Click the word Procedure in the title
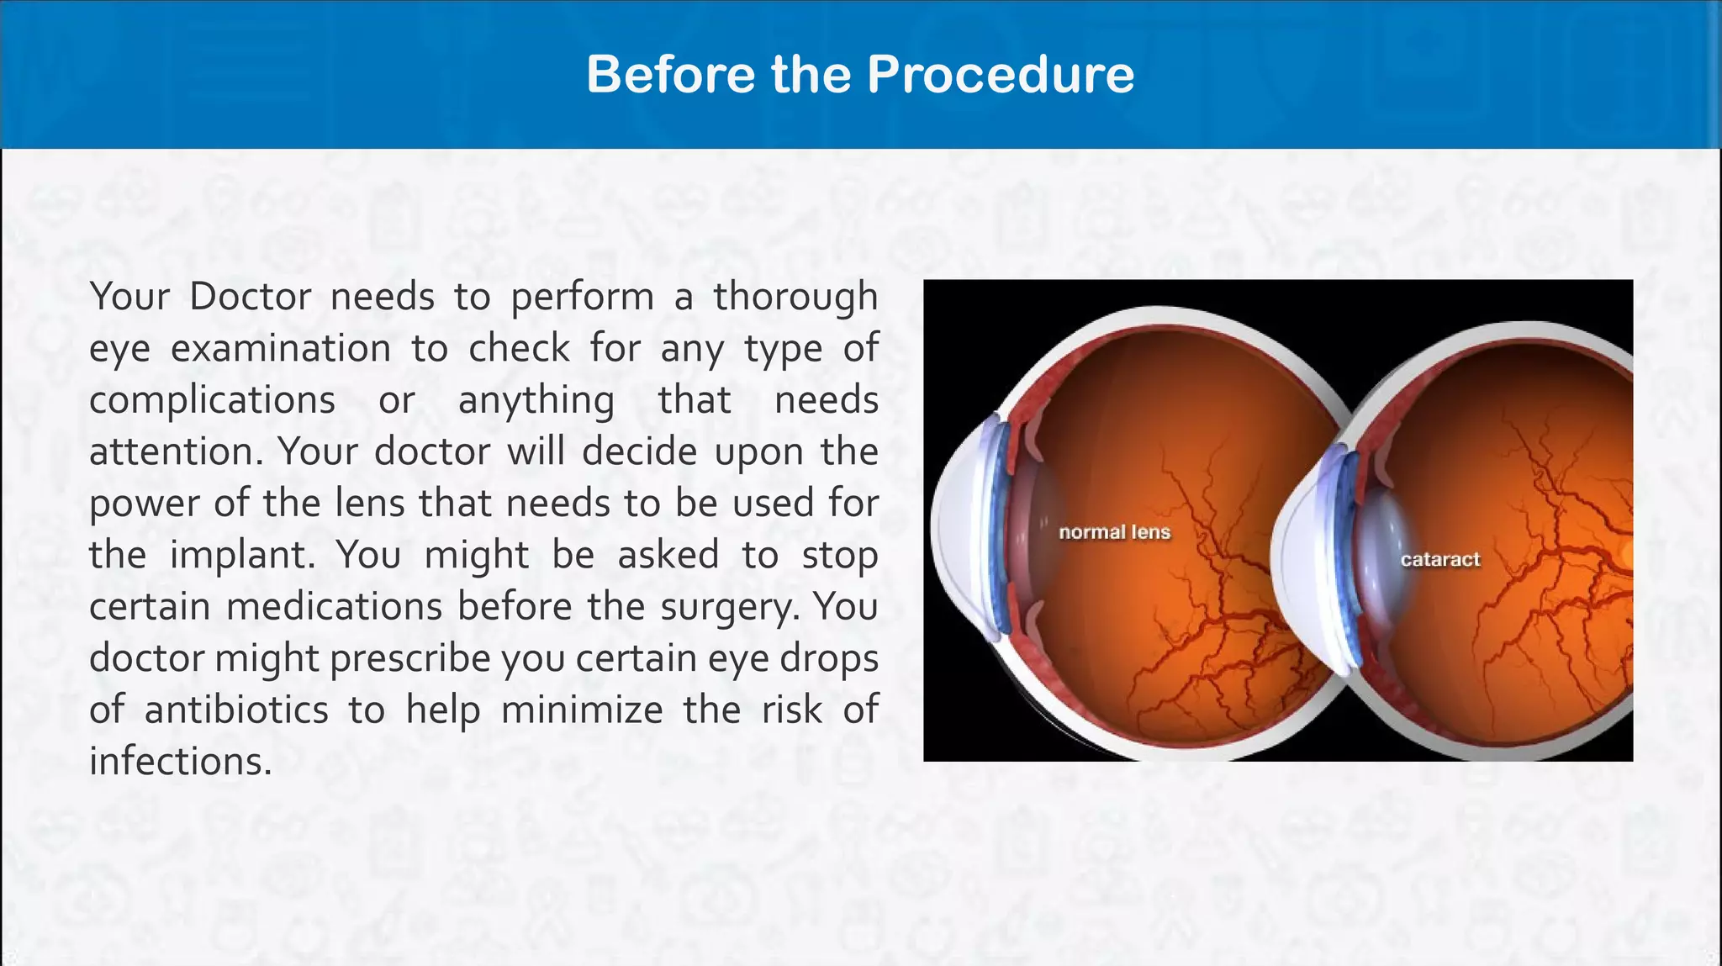pos(1000,74)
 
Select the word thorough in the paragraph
pos(795,297)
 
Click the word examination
pos(281,349)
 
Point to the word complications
pos(212,400)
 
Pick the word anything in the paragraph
pos(536,400)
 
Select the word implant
pos(242,556)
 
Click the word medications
pos(334,607)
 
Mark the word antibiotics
pos(236,710)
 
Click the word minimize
pos(582,710)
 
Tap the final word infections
pos(181,762)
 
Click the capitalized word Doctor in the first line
pos(250,297)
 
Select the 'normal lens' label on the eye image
pos(1114,532)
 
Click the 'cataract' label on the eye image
pos(1439,560)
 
